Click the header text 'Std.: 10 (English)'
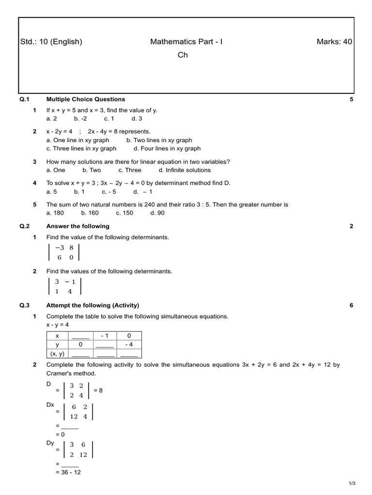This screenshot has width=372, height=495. [x=51, y=42]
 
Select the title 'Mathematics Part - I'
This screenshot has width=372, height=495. [x=186, y=42]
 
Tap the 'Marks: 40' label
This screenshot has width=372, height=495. [x=334, y=42]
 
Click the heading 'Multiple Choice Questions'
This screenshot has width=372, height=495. [x=85, y=99]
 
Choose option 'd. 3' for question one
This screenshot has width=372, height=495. [x=137, y=118]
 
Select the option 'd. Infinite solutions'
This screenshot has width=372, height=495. [x=185, y=170]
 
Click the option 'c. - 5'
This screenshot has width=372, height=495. [x=109, y=191]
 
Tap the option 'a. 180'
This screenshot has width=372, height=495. [x=55, y=213]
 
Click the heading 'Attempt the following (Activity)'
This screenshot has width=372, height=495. [x=93, y=305]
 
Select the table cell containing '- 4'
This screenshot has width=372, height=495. [x=128, y=345]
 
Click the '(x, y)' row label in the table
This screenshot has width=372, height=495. [x=57, y=354]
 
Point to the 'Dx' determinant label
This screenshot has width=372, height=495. [x=50, y=405]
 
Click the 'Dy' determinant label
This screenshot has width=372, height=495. [x=50, y=442]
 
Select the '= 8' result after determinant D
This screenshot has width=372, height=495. [x=98, y=390]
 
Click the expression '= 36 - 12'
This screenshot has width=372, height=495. [x=68, y=472]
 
